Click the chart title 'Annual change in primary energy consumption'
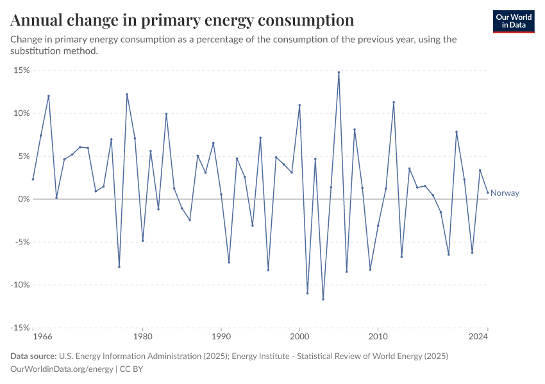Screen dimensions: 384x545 183,20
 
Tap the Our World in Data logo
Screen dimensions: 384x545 514,21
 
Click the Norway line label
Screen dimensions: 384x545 505,193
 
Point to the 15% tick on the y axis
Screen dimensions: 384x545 21,70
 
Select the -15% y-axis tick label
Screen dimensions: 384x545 19,328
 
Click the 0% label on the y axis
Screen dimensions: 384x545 23,199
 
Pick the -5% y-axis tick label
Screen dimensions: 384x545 21,242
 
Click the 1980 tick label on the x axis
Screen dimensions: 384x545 142,336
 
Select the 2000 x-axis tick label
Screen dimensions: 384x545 299,336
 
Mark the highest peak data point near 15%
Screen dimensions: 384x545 339,72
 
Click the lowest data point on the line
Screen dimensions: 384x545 323,299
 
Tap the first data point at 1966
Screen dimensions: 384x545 33,179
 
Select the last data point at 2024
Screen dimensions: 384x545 487,193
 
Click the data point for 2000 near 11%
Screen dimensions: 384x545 299,105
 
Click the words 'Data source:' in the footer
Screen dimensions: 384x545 33,356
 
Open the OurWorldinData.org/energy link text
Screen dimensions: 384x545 62,369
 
